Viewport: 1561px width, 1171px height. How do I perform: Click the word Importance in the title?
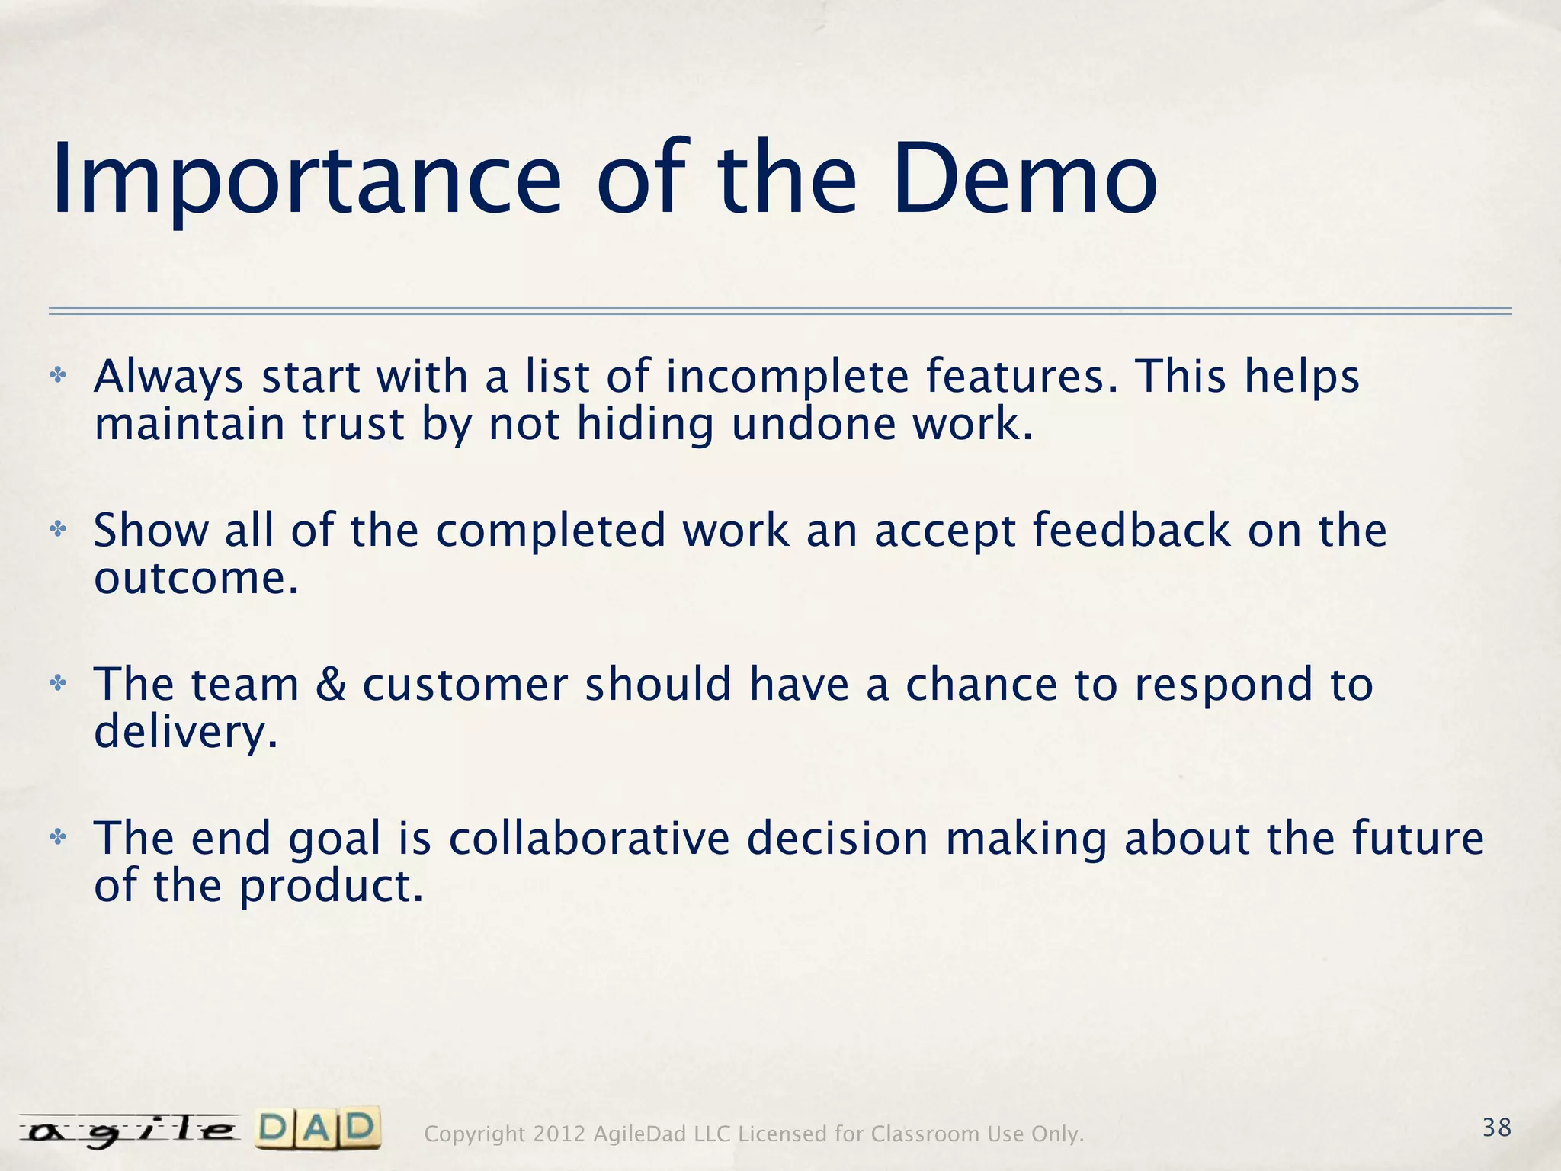[305, 181]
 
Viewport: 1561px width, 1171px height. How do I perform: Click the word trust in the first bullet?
[352, 424]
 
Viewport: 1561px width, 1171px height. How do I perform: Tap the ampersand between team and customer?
[331, 684]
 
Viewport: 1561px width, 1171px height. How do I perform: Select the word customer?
[465, 684]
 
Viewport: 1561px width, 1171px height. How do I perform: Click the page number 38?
[1496, 1127]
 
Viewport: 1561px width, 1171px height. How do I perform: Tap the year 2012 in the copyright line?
[559, 1134]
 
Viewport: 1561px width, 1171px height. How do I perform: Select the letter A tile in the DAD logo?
[319, 1129]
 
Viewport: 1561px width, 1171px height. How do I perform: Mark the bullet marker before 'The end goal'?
[58, 837]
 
